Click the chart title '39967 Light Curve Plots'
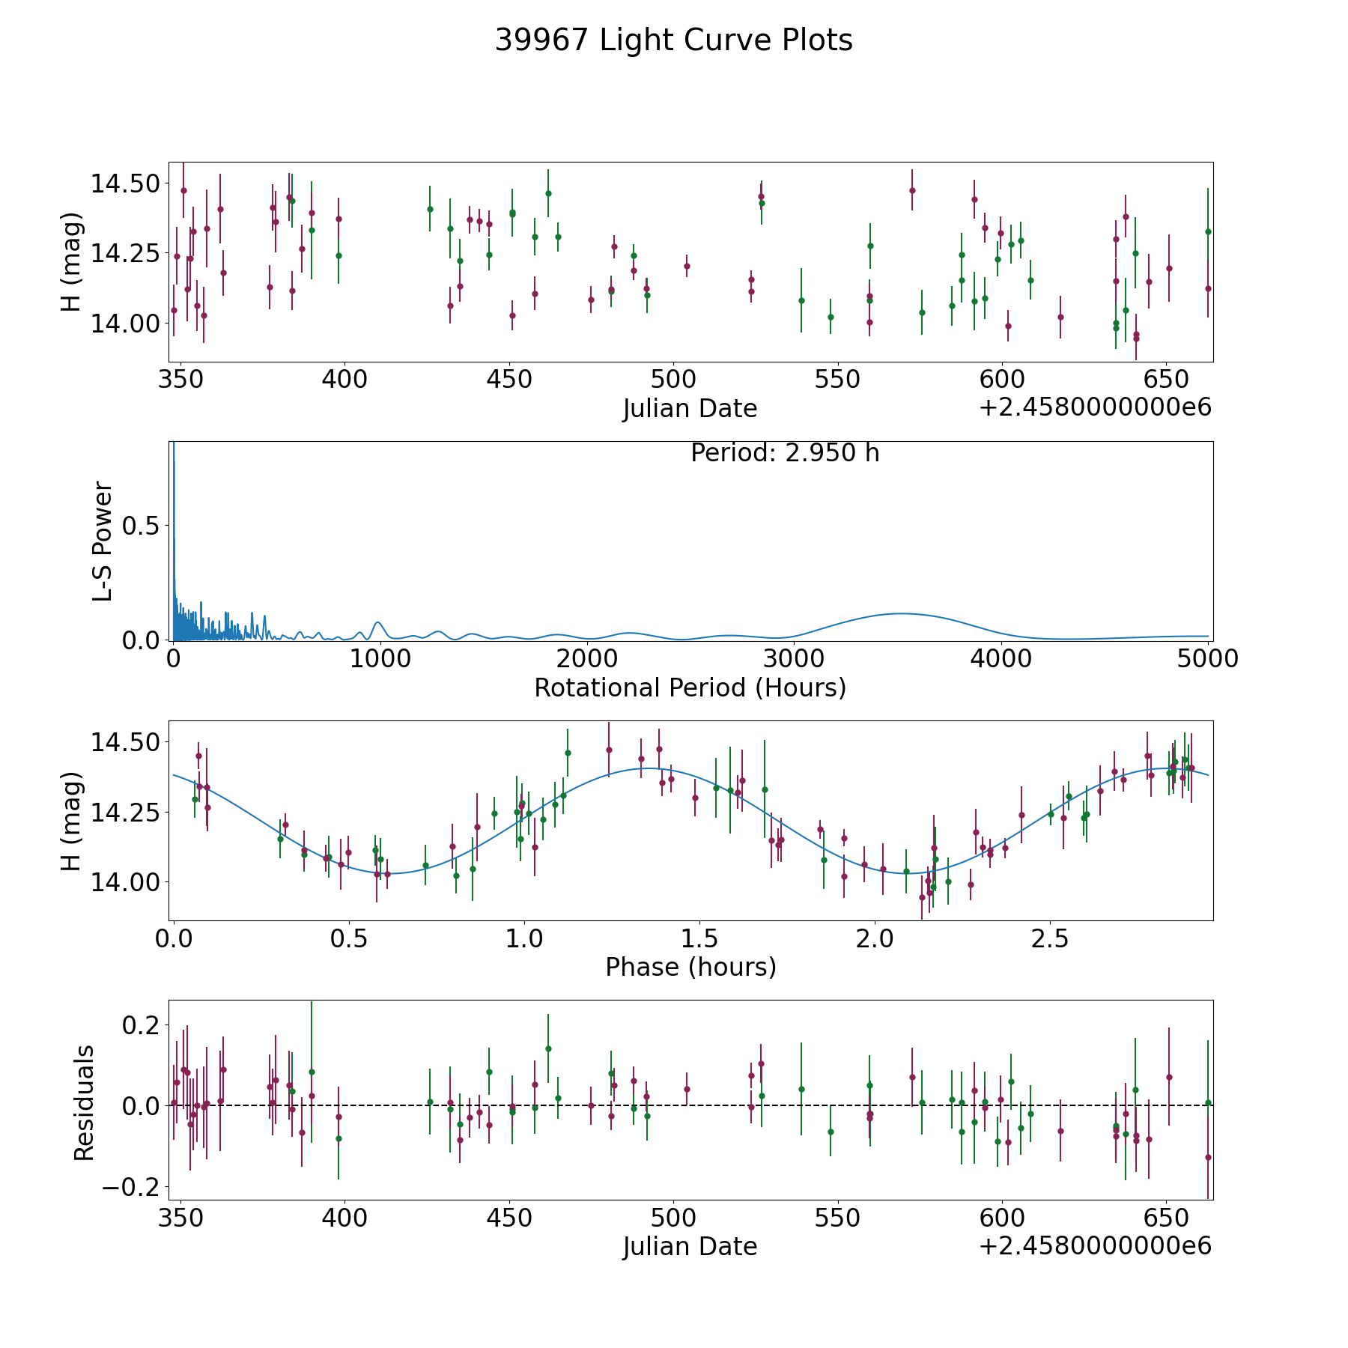coord(673,40)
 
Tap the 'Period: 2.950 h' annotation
coord(784,453)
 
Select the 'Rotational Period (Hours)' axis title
coord(690,687)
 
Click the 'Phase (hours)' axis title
coord(690,967)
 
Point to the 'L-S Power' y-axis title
coord(103,541)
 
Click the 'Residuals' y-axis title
coord(84,1102)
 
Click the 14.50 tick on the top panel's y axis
coord(125,183)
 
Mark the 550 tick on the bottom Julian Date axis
coord(838,1218)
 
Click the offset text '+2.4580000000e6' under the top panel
coord(1095,407)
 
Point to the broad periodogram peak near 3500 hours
coord(899,613)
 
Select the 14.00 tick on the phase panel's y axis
coord(125,882)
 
